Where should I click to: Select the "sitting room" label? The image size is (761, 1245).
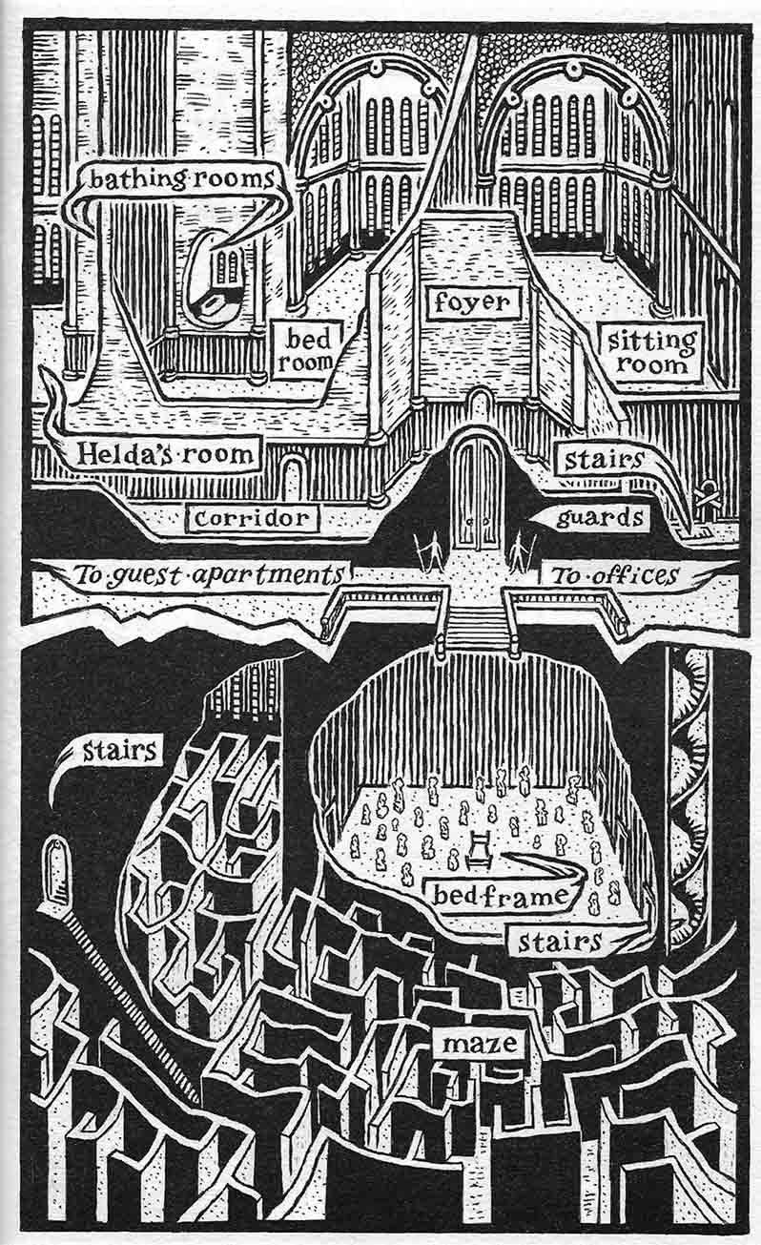coord(649,350)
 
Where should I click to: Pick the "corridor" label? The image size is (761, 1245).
coord(251,518)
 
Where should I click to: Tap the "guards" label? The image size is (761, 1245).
coord(599,519)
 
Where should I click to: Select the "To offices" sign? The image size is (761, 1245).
coord(614,574)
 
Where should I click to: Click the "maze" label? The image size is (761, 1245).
coord(481,1042)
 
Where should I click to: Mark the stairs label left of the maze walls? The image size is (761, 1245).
coord(118,750)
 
